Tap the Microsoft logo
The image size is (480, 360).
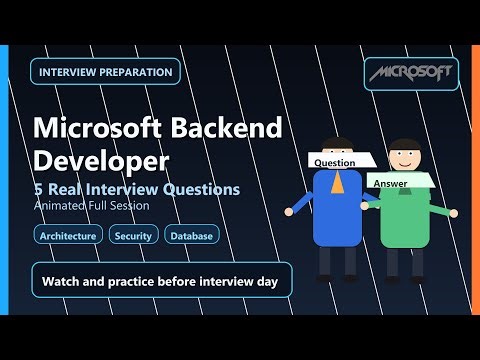[x=410, y=72]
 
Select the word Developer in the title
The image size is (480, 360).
[x=99, y=159]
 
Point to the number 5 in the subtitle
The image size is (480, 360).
[x=39, y=188]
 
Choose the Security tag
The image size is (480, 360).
[x=133, y=236]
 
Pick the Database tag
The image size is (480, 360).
[x=189, y=236]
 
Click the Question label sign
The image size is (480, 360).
[x=335, y=161]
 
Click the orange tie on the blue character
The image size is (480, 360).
[x=338, y=182]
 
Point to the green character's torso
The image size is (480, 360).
[x=405, y=220]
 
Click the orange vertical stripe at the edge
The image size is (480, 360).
[x=475, y=180]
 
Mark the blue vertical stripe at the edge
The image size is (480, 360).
[x=4, y=180]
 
